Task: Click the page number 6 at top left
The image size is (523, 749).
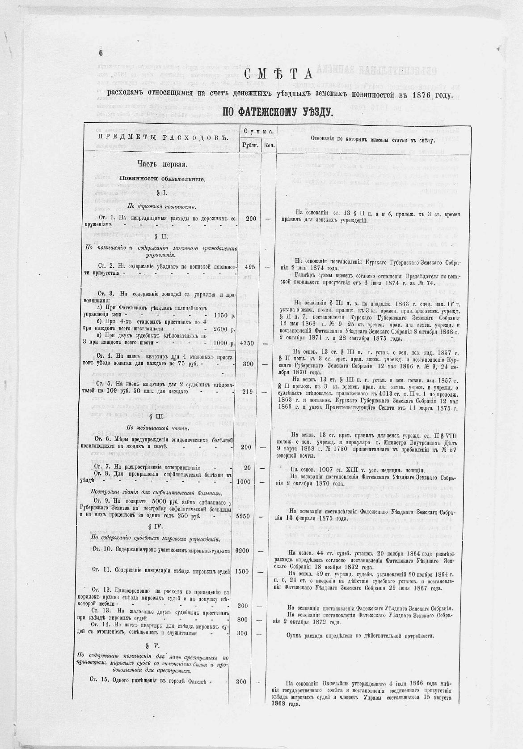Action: pyautogui.click(x=101, y=52)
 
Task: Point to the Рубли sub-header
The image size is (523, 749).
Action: pyautogui.click(x=250, y=145)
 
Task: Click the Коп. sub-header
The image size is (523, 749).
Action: pyautogui.click(x=269, y=145)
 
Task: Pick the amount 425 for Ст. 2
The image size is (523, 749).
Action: pyautogui.click(x=250, y=266)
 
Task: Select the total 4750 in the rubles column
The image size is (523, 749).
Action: pyautogui.click(x=250, y=343)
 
